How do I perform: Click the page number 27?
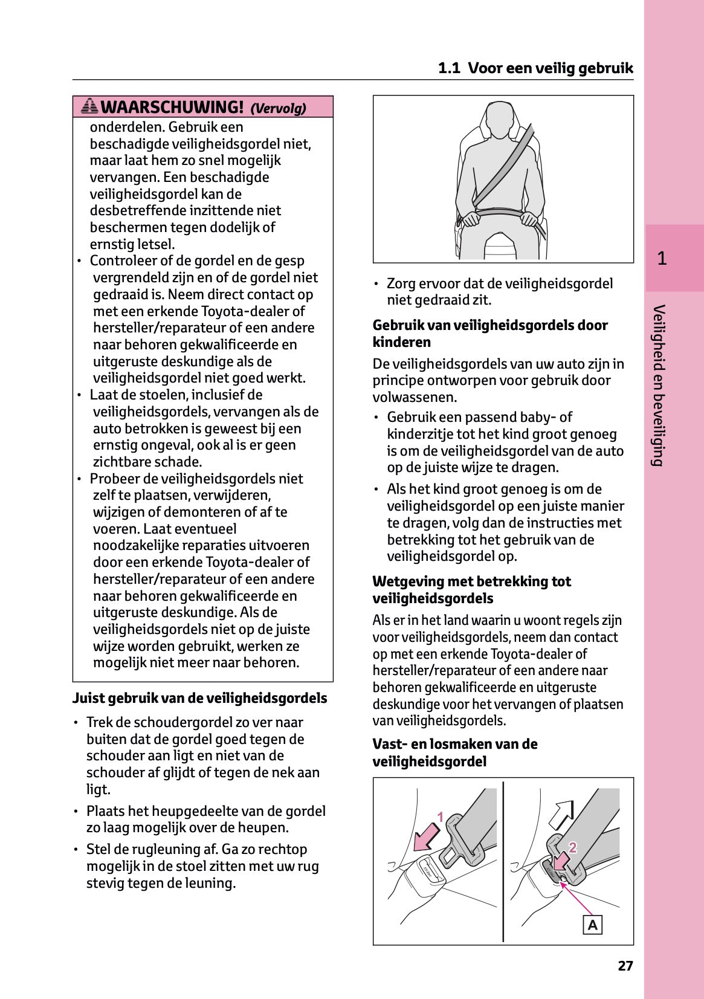coord(625,966)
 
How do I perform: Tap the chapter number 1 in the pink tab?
coord(662,259)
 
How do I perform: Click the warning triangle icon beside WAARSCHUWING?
coord(89,107)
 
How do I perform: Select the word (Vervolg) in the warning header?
coord(278,108)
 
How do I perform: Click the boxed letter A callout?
coord(592,925)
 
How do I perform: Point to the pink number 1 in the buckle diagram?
coord(441,817)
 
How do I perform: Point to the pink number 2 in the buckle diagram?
coord(572,848)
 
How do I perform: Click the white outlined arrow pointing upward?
coord(561,814)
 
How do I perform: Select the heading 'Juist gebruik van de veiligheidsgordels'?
coord(199,698)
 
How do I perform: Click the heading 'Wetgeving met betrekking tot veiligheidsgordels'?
coord(471,590)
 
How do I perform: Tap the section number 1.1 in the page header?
coord(449,68)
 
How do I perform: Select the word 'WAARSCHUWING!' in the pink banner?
coord(172,107)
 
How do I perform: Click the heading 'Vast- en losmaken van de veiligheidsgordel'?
coord(454,752)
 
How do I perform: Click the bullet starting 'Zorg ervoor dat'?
coord(499,292)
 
